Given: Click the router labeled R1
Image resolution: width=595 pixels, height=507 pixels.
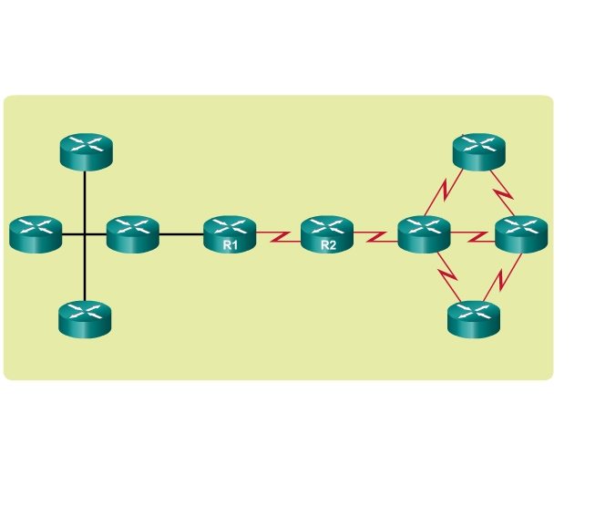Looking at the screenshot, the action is click(230, 234).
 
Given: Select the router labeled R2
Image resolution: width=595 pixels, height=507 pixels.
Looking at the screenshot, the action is click(327, 234).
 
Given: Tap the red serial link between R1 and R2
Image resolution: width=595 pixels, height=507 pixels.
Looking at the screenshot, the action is click(279, 236).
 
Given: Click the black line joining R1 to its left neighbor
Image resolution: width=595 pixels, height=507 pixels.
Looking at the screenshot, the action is click(181, 234).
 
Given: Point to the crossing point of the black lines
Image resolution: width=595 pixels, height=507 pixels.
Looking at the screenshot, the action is click(85, 234).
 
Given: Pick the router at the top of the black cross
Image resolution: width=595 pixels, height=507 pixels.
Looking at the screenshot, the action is click(87, 151).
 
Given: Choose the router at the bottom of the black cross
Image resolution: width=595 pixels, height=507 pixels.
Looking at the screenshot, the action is click(85, 319).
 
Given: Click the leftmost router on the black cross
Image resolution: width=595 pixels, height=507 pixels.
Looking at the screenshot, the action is click(36, 234).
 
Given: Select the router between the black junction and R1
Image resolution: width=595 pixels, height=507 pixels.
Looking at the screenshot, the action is click(133, 234).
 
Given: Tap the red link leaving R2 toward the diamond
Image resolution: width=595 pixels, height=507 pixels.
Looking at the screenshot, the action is click(375, 236).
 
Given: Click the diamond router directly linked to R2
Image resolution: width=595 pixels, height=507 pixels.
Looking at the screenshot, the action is click(425, 234).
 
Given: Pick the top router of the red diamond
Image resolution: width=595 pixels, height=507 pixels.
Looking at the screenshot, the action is click(479, 151).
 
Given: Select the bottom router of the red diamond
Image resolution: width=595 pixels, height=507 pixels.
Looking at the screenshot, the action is click(474, 319).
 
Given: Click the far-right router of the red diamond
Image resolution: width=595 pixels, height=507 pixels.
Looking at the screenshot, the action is click(521, 234).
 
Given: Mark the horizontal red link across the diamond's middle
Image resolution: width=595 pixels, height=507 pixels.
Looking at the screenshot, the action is click(473, 236).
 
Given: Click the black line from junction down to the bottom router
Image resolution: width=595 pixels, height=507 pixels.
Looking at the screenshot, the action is click(85, 268).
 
